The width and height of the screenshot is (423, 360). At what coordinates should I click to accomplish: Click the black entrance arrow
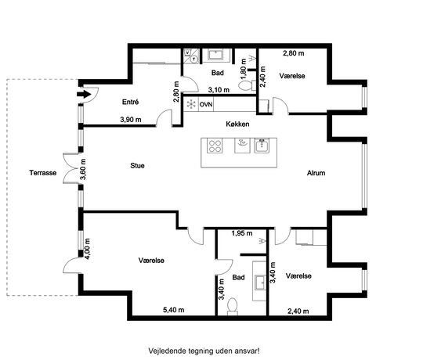[x=84, y=95]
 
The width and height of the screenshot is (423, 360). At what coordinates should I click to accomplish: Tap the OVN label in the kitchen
[x=206, y=104]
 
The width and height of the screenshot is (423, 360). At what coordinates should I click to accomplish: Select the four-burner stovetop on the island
[x=215, y=146]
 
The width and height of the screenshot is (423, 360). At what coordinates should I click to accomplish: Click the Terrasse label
[x=43, y=173]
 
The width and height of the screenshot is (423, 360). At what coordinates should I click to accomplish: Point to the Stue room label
[x=137, y=165]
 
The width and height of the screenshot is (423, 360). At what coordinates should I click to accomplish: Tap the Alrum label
[x=316, y=173]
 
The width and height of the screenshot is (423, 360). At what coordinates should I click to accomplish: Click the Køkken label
[x=237, y=124]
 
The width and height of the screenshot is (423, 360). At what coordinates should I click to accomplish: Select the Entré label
[x=130, y=102]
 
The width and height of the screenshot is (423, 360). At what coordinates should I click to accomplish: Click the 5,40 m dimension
[x=173, y=310]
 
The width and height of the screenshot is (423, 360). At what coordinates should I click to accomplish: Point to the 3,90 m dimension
[x=131, y=120]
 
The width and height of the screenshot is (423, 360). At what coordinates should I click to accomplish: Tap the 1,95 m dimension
[x=242, y=233]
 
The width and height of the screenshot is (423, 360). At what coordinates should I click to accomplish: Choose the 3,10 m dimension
[x=219, y=90]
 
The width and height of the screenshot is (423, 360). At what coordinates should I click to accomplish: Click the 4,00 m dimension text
[x=87, y=249]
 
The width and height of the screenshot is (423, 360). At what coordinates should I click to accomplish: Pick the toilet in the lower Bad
[x=233, y=307]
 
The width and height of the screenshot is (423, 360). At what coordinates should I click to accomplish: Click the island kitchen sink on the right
[x=262, y=146]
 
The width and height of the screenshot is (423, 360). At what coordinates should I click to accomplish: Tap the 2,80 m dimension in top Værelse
[x=293, y=53]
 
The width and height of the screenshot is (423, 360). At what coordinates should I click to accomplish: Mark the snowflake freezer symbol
[x=191, y=104]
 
